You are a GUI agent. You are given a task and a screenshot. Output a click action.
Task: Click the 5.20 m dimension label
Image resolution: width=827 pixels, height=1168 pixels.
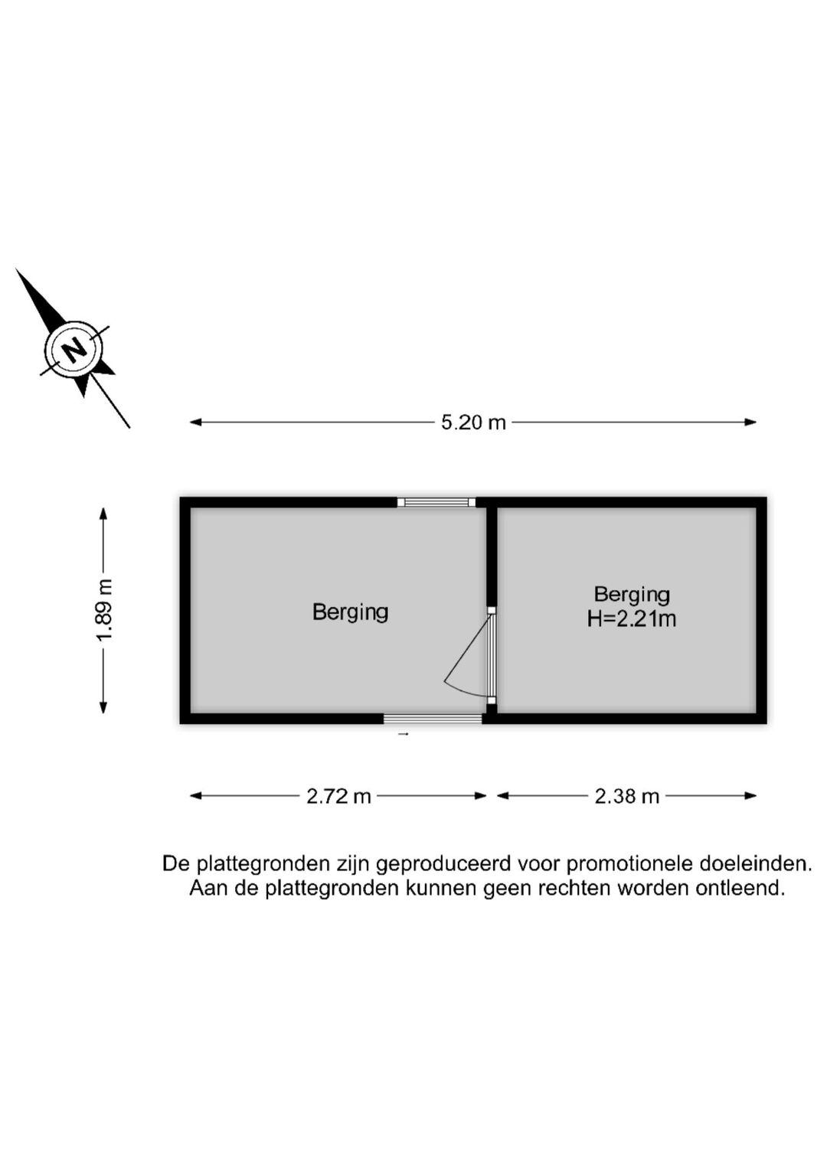(x=473, y=423)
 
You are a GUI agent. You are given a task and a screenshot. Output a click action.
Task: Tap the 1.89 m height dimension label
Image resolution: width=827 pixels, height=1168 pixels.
(x=106, y=611)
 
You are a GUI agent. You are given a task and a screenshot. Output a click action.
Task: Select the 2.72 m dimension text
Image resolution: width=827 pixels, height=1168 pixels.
(x=338, y=796)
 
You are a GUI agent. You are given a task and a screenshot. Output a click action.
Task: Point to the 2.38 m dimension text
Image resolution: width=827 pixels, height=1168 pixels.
(x=626, y=796)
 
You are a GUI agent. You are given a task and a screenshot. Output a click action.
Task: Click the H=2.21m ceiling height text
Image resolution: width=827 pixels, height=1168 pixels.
(x=631, y=619)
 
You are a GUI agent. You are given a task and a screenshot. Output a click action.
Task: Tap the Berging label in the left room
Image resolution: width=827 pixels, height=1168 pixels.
(x=350, y=612)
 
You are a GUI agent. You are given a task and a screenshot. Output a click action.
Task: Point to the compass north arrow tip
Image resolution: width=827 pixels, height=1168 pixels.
(x=16, y=269)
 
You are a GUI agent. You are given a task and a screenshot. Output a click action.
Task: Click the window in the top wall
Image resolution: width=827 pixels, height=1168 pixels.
(x=436, y=502)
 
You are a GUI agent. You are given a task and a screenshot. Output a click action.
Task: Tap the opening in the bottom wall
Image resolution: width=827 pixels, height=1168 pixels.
(x=433, y=719)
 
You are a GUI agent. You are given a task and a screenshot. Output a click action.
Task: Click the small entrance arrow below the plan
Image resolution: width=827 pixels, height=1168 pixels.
(x=403, y=734)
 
